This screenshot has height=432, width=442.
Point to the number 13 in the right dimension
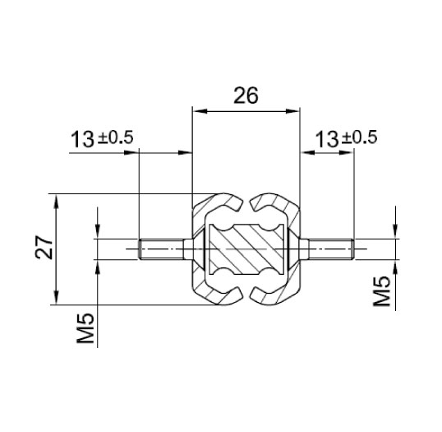(327, 139)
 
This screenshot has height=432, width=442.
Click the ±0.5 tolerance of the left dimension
(115, 138)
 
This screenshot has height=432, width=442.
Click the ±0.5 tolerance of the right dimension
(359, 138)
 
